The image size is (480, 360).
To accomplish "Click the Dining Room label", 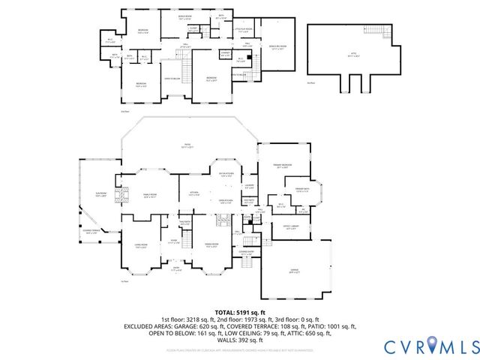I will [x=211, y=245].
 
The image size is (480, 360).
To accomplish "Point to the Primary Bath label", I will [x=302, y=189].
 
